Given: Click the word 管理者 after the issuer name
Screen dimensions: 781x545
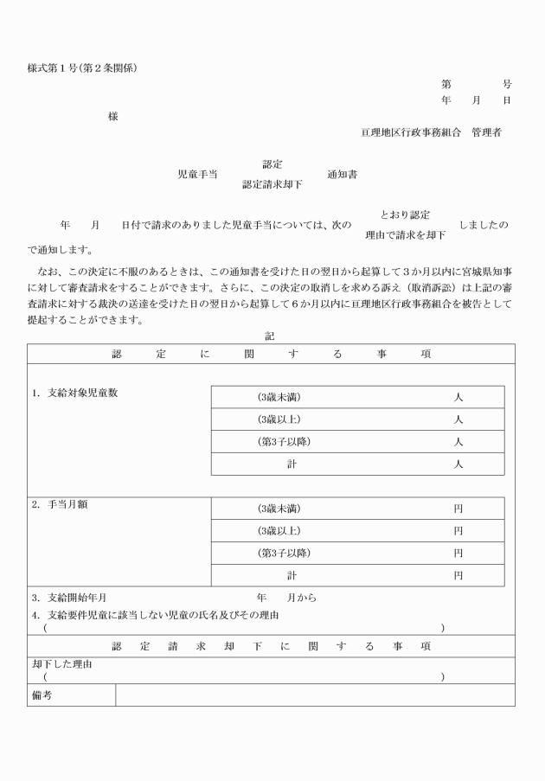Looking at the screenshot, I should pos(486,133).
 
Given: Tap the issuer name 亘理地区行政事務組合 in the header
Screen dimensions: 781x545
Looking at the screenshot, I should pos(411,133).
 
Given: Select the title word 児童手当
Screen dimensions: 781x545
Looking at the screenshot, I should pos(197,174).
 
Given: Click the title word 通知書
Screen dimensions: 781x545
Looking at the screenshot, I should pos(343,174).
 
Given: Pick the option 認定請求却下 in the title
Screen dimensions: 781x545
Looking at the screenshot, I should pos(272,184).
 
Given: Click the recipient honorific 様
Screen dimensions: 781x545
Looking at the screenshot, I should pos(112,117).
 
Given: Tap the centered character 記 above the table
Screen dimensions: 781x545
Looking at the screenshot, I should pos(270,336).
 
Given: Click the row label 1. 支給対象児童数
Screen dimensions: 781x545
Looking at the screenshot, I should pos(75,393).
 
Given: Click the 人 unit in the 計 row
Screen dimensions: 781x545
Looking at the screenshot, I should pos(458,464).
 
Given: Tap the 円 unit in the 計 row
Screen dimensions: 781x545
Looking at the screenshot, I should pos(458,575).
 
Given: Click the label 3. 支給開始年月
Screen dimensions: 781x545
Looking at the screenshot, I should pos(68,598).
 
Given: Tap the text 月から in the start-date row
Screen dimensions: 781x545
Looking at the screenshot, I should pos(302,598).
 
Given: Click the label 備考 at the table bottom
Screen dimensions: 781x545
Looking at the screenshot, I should pos(42,695).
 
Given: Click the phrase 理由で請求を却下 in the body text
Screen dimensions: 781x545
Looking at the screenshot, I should pos(406,234).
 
